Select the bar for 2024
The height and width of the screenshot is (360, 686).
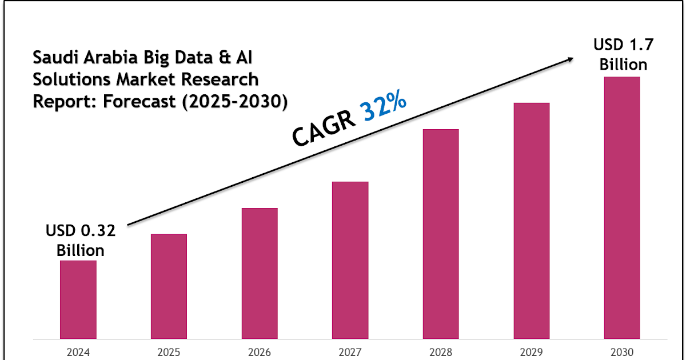[78, 299]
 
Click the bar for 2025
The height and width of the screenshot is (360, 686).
[169, 286]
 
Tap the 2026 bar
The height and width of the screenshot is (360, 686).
[260, 273]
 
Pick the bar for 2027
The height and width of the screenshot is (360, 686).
[350, 259]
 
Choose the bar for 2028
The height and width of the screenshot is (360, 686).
[441, 233]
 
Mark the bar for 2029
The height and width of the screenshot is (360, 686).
[532, 220]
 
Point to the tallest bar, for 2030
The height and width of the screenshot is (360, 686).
[622, 207]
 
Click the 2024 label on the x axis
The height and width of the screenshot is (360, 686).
[78, 351]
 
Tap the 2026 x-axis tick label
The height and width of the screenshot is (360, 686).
[260, 351]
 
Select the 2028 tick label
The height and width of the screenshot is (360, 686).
[441, 351]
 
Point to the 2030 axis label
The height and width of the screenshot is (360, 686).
[622, 351]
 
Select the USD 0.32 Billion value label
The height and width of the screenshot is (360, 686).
[80, 241]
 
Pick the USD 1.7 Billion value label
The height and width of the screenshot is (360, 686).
[623, 54]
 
